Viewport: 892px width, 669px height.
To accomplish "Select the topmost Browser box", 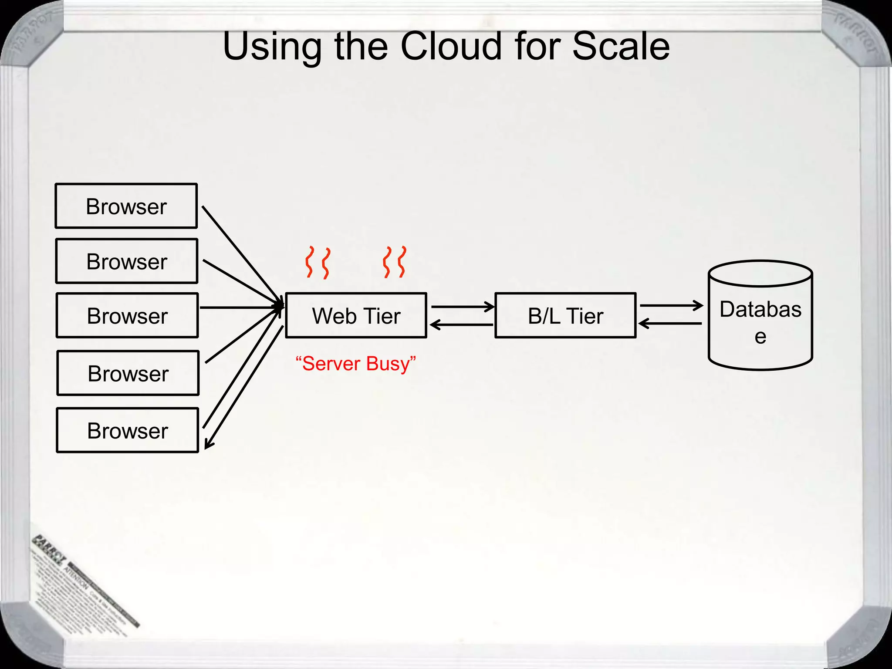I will tap(126, 206).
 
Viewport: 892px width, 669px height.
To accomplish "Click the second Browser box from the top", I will tap(127, 261).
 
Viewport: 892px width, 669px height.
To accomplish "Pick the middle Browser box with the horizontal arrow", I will tap(127, 316).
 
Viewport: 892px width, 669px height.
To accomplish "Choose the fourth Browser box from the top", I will tap(128, 373).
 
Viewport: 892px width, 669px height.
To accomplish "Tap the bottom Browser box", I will tap(128, 431).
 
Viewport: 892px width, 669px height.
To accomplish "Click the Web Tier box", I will tap(356, 316).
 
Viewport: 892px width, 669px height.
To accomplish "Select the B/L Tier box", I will tap(565, 316).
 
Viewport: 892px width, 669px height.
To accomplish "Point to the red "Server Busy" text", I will tap(355, 364).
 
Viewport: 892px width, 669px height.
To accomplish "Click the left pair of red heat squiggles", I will tap(317, 262).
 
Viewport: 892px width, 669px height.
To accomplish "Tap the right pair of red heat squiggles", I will tap(395, 262).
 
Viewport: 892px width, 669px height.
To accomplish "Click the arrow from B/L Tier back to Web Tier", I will tap(462, 324).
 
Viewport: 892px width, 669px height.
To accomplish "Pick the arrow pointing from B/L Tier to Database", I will tap(671, 306).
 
